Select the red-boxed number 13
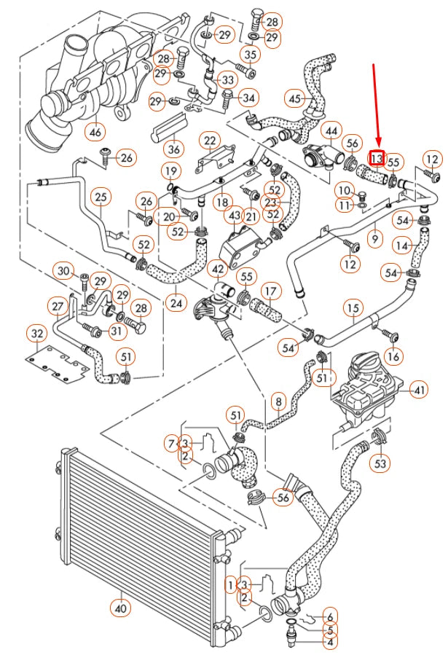pos(377,157)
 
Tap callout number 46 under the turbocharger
pos(95,132)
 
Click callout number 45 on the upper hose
pos(294,98)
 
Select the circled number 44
pos(331,131)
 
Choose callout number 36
pos(173,149)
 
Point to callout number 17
pos(270,291)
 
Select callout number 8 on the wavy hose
pos(278,400)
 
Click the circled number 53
pos(381,462)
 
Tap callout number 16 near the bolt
pos(393,356)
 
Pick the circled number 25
pos(101,196)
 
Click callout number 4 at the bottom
pos(330,642)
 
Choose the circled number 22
pos(210,140)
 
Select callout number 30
pos(64,271)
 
